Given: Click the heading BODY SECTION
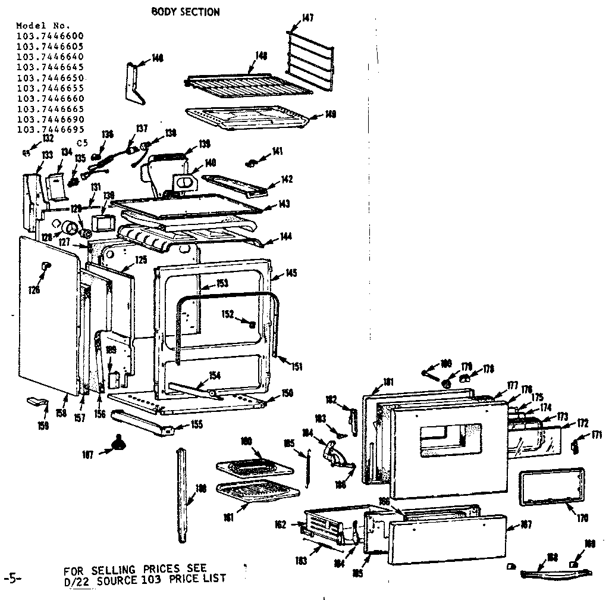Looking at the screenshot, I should click(185, 12).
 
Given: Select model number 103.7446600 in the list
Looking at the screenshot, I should click(51, 36).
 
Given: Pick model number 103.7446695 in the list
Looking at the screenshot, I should click(51, 129).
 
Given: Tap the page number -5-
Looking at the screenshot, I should click(13, 578).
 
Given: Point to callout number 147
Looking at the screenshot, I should click(307, 18).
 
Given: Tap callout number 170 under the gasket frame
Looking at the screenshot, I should click(582, 518).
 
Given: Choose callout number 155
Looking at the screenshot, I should click(196, 424).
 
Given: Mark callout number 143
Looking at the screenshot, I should click(284, 204).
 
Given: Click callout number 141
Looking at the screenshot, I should click(277, 152).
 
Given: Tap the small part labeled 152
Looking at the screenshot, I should click(252, 324).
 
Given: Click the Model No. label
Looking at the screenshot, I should click(43, 26).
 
